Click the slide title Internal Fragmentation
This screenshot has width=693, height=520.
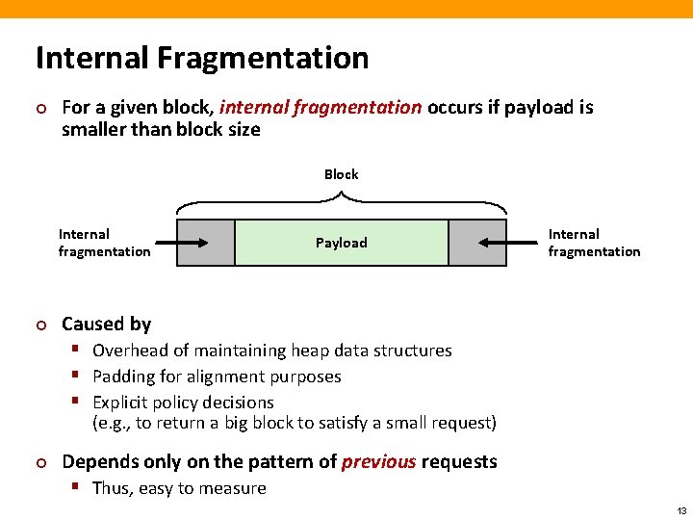pos(202,58)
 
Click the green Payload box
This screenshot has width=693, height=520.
pos(342,243)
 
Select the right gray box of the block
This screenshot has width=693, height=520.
pos(477,243)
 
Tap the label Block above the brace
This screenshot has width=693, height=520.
pos(341,174)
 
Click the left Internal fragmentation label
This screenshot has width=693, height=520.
pos(104,243)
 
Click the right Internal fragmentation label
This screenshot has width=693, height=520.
pos(594,243)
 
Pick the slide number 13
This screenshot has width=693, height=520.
pos(681,510)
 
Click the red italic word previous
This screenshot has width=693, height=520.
pos(378,461)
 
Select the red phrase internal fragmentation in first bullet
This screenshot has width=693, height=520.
pos(321,107)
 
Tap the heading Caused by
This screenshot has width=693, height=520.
pos(106,324)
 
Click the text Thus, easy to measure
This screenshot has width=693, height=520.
pos(179,488)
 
